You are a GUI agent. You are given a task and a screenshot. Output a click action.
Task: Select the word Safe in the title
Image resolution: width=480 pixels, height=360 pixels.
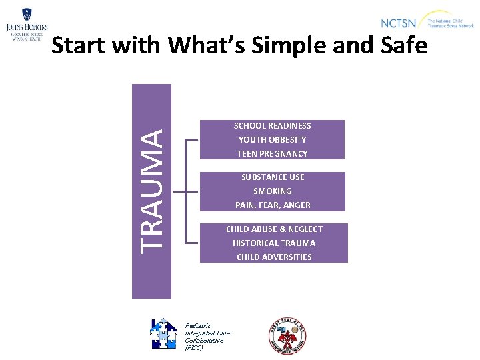pos(401,46)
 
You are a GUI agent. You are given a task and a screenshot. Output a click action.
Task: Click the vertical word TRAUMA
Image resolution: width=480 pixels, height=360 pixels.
pos(152,191)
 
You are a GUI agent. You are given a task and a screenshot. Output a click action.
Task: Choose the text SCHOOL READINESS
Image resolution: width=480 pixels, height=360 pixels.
pos(272,125)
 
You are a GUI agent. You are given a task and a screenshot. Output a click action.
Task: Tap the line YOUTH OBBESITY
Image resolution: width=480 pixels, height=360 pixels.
pos(272,139)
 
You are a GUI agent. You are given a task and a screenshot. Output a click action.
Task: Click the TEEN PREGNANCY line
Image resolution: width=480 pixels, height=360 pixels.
pos(272,153)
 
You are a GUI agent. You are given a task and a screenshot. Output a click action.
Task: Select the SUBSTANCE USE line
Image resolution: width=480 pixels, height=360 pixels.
pos(272,177)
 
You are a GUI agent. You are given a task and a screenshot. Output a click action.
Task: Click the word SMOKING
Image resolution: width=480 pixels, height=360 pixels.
pos(272,191)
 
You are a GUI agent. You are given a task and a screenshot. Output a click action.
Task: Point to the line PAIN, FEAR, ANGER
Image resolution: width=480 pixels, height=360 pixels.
pos(272,205)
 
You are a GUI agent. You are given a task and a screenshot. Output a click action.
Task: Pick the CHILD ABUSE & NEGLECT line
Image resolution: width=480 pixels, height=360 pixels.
pos(274,229)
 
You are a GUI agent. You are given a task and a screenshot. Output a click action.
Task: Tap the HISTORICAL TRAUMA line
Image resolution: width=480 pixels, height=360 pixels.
pos(274,243)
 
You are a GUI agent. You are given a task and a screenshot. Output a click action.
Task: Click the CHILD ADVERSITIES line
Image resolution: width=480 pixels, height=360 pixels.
pos(274,257)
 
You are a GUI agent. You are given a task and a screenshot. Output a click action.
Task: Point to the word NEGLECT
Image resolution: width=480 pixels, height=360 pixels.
pos(305,229)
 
